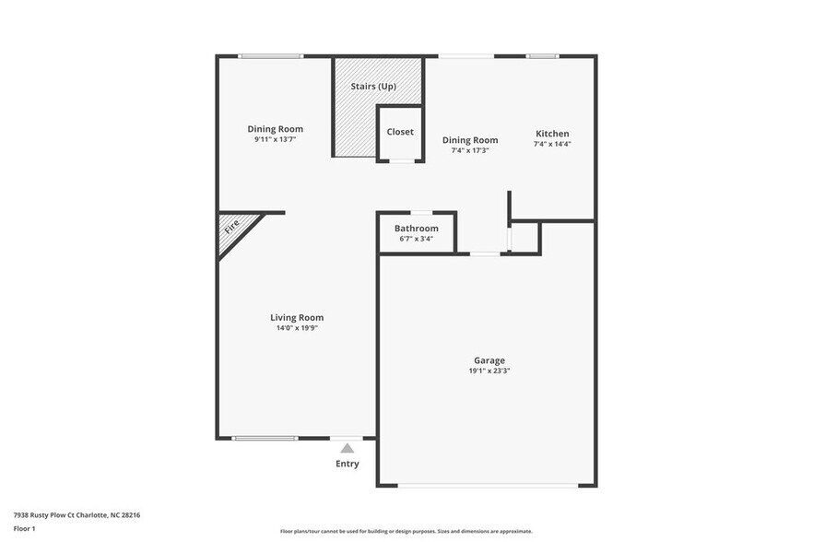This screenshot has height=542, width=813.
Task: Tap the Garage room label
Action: [489, 360]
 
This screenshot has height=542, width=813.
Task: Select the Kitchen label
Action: [552, 134]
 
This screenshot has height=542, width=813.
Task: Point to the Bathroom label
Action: [416, 229]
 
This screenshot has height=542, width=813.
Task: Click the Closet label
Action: [400, 132]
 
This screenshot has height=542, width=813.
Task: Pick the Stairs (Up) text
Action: [373, 88]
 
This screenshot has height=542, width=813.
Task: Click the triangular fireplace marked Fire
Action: [233, 230]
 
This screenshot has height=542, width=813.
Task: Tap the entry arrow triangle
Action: [347, 447]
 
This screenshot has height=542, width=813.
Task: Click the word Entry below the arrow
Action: [347, 464]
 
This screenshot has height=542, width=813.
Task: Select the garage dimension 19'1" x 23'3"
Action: [489, 371]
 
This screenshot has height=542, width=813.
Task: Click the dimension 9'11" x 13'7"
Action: [275, 140]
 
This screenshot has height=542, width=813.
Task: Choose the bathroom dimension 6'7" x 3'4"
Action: [416, 239]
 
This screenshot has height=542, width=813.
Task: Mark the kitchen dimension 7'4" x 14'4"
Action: [552, 144]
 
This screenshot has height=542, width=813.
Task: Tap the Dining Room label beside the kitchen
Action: [474, 140]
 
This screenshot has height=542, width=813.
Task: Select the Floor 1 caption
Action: [24, 528]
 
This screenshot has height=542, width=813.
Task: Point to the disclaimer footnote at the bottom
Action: [406, 531]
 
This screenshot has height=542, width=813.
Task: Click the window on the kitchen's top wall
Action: [542, 56]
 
